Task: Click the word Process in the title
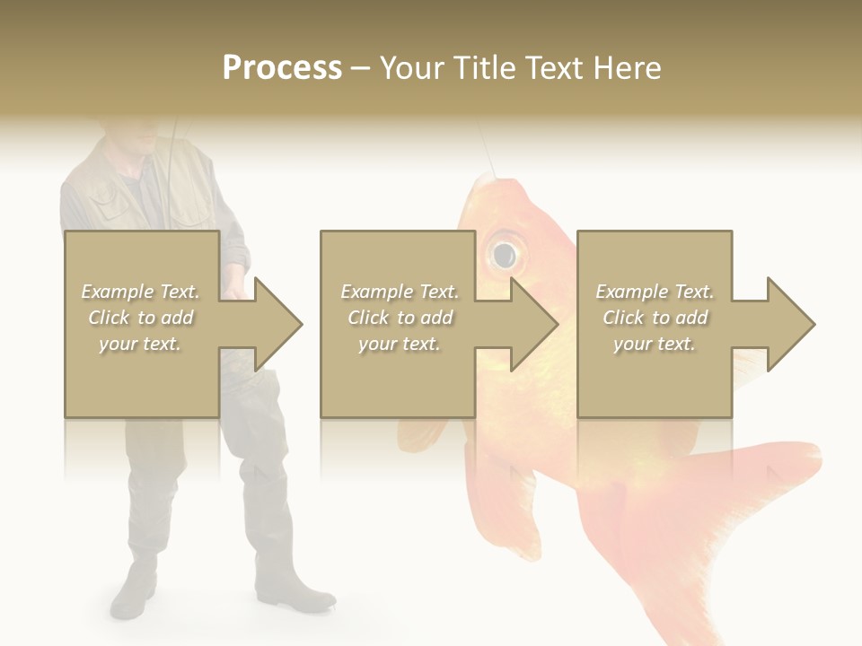pyautogui.click(x=282, y=68)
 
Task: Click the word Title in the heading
pyautogui.click(x=486, y=68)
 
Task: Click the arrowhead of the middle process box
pyautogui.click(x=532, y=324)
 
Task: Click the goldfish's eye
pyautogui.click(x=504, y=254)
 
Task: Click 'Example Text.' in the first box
pyautogui.click(x=141, y=292)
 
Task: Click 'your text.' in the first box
pyautogui.click(x=140, y=344)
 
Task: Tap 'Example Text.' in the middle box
pyautogui.click(x=400, y=292)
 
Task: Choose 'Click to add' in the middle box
pyautogui.click(x=400, y=318)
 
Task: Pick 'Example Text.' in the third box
pyautogui.click(x=655, y=292)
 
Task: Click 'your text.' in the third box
pyautogui.click(x=654, y=344)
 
